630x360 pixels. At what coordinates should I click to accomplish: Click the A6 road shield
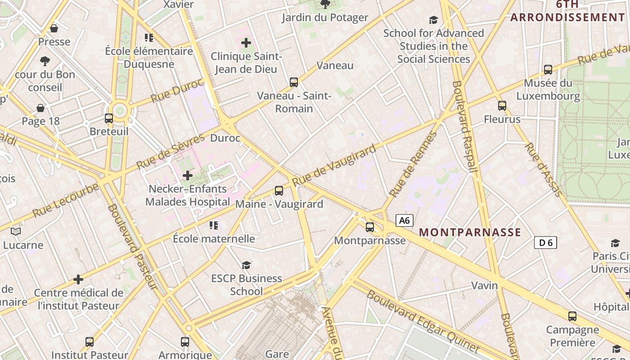tap(405, 220)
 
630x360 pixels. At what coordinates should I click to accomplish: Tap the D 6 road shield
tap(545, 243)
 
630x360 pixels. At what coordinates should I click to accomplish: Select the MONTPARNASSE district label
tap(470, 233)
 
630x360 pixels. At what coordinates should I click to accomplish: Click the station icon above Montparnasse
tap(370, 227)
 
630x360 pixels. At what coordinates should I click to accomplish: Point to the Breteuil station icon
tap(109, 118)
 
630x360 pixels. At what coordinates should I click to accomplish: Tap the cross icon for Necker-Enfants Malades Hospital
tap(188, 175)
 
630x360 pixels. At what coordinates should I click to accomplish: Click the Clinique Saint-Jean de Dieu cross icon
tap(246, 43)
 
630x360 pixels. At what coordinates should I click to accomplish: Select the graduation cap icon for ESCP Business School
tap(246, 265)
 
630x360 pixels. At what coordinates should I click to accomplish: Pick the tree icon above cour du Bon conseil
tap(45, 61)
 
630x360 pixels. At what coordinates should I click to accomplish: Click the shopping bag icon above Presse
tap(54, 29)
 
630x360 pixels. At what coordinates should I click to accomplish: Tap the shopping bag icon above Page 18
tap(40, 108)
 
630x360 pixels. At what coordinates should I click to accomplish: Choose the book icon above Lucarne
tap(16, 232)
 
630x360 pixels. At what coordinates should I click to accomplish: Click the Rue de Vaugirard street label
tap(333, 166)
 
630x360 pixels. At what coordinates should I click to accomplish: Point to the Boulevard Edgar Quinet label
tap(423, 322)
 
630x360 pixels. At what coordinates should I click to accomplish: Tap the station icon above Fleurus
tap(502, 106)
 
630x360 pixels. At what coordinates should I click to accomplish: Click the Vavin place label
tap(485, 285)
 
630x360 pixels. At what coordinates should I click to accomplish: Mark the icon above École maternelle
tap(214, 225)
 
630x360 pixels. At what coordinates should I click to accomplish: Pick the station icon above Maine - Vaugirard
tap(279, 191)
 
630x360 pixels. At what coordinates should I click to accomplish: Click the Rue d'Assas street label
tap(544, 170)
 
